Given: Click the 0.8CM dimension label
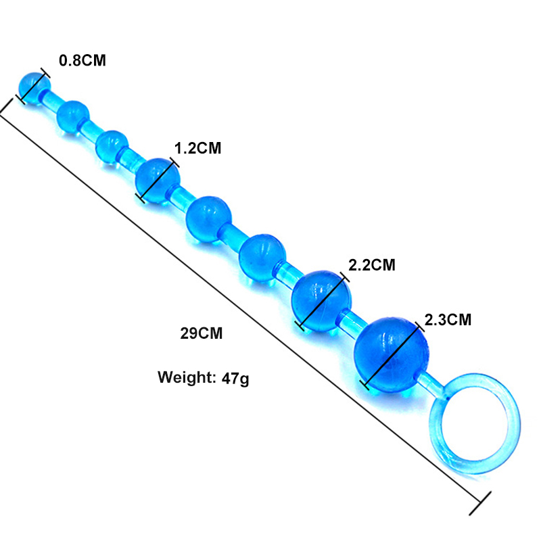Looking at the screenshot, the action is point(82,60).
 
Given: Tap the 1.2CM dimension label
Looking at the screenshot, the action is point(197,148).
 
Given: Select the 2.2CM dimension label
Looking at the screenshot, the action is point(372,265).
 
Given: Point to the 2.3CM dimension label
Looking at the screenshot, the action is point(448,320).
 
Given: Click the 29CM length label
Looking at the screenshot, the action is point(202,333).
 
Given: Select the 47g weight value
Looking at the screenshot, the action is point(235,378).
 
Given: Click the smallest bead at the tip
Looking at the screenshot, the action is point(34,89).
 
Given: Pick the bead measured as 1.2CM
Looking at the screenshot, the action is point(158,181).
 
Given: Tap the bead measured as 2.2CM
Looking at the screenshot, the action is point(322,301).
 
